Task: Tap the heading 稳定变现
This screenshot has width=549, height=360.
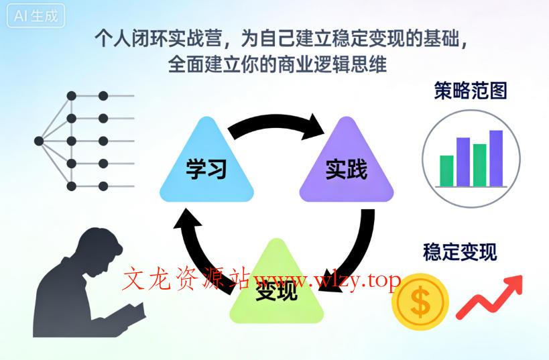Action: point(460,253)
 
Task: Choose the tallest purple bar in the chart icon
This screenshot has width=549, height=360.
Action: point(496,158)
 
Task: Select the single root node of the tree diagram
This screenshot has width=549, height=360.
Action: point(39,141)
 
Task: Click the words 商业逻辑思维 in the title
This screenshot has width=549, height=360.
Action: point(332,66)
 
